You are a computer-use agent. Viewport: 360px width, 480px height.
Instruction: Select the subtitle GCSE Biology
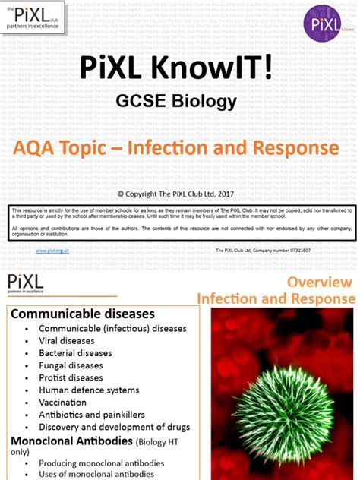point(175,101)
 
